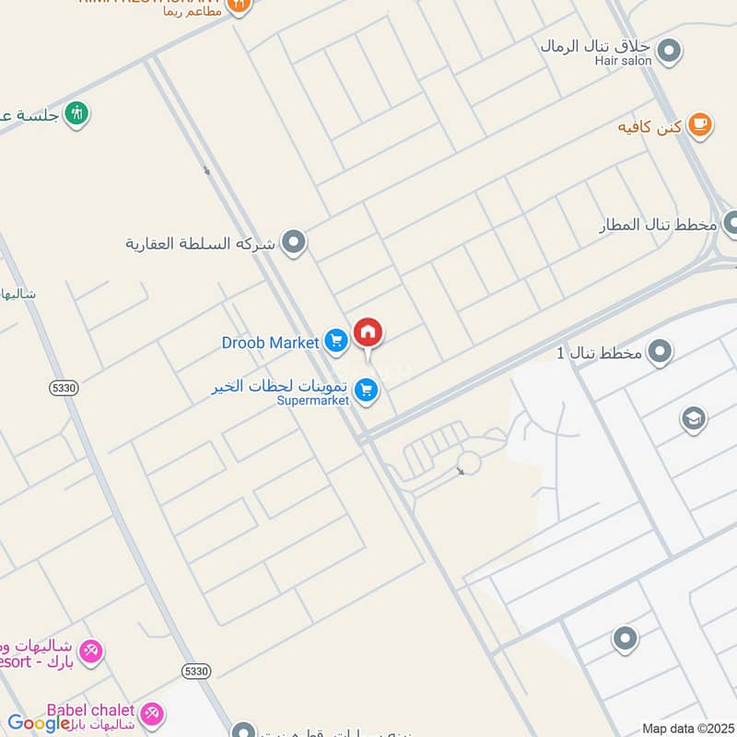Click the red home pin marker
pos(368,333)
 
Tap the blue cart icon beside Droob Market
pos(336,343)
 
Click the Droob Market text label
pos(270,343)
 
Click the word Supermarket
pos(313,401)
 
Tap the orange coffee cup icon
pos(700,125)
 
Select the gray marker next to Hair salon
pos(671,51)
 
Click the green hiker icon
pos(79,113)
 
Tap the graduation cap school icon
pos(693,420)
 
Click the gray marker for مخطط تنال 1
pos(660,351)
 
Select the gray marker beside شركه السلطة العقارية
pos(294,243)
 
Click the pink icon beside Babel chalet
pos(152,712)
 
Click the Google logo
pos(39,723)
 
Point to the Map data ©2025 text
pos(688,729)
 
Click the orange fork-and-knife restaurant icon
pos(238,6)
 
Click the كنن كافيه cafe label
pos(649,126)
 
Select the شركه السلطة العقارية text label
pos(200,244)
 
